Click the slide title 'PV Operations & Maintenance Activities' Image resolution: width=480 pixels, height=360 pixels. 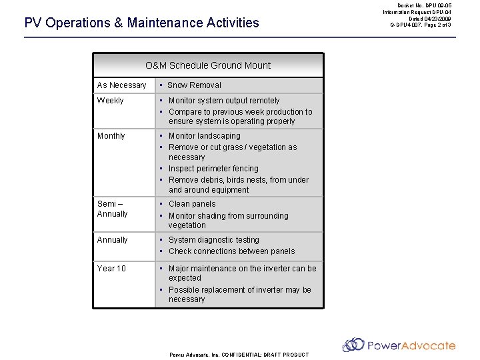click(141, 23)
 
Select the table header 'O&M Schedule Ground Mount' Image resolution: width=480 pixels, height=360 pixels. click(208, 65)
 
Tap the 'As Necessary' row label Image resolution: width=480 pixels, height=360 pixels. click(121, 85)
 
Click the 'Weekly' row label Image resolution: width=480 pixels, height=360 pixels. click(110, 101)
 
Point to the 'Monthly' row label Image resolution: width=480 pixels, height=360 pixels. click(111, 136)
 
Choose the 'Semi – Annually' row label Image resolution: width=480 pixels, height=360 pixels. click(112, 209)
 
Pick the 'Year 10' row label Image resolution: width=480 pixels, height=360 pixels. click(111, 269)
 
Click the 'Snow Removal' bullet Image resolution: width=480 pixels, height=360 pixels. click(194, 85)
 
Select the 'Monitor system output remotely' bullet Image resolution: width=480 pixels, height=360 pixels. click(224, 101)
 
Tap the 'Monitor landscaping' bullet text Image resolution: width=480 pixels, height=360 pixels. click(204, 136)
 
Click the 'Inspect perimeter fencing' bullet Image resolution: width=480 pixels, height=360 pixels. click(213, 169)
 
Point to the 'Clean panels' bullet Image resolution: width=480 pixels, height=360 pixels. click(192, 204)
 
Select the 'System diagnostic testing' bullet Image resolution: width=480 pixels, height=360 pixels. click(213, 240)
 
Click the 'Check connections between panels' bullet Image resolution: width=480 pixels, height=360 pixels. click(231, 251)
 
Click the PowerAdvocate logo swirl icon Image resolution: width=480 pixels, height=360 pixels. click(353, 345)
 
